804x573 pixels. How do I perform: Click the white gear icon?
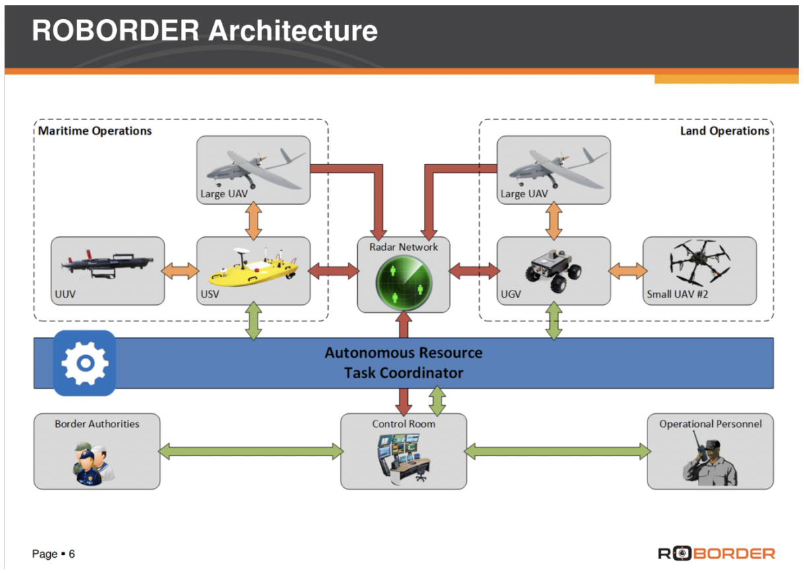85,363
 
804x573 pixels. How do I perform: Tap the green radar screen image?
404,283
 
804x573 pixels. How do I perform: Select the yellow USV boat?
253,267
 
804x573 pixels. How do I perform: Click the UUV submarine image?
107,264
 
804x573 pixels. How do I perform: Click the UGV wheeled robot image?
553,271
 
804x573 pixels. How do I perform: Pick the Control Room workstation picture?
404,457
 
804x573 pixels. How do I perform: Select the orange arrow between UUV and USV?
181,271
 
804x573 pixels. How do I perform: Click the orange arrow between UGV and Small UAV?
628,271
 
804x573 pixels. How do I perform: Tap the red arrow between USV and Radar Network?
333,271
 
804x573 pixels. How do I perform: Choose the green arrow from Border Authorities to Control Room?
251,452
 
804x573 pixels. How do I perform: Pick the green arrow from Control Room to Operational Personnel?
557,452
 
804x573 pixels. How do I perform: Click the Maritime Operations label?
95,131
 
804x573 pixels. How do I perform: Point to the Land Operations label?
725,131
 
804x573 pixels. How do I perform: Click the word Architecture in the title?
293,31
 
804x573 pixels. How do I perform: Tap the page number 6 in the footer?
72,554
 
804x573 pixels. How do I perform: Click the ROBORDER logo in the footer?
716,554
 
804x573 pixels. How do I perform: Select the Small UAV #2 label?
677,294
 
